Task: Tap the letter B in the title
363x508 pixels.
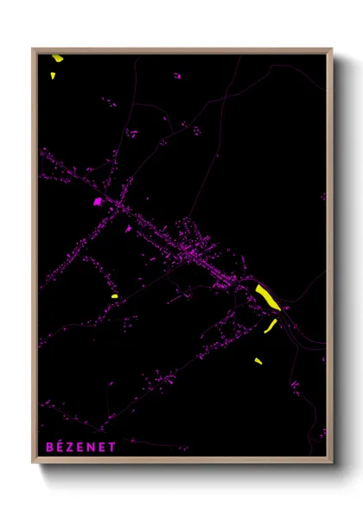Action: coord(48,447)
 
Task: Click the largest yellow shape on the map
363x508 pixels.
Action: coord(266,296)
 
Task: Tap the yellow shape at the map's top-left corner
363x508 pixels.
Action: coord(57,59)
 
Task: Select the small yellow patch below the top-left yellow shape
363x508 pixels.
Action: coord(53,75)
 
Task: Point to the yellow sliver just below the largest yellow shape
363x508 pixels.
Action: coord(271,325)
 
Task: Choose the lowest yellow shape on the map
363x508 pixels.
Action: coord(258,360)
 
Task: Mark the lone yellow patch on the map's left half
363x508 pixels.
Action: coord(114,296)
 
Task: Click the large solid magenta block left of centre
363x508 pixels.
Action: coord(98,201)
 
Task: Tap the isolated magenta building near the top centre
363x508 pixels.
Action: coord(177,76)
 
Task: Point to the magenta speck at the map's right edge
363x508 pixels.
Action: coord(322,195)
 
